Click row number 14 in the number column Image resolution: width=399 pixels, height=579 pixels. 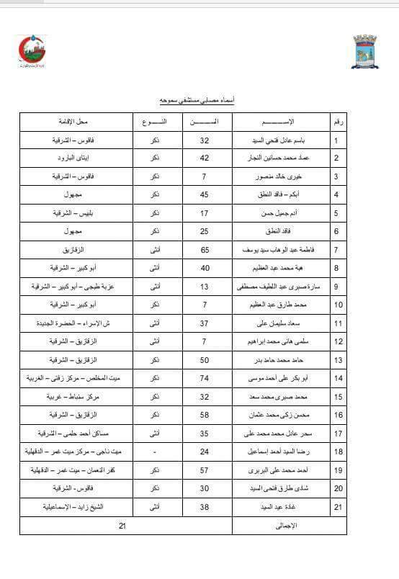click(337, 378)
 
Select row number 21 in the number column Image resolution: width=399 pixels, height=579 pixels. click(337, 508)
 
